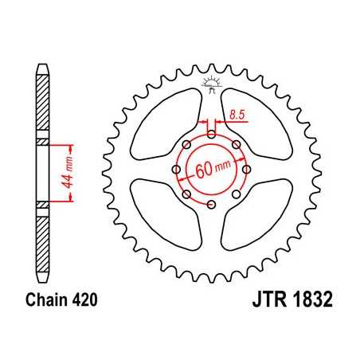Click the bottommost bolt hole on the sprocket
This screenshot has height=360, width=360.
(211, 205)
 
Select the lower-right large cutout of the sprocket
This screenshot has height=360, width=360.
(258, 219)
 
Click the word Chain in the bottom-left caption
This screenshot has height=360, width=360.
(39, 303)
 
